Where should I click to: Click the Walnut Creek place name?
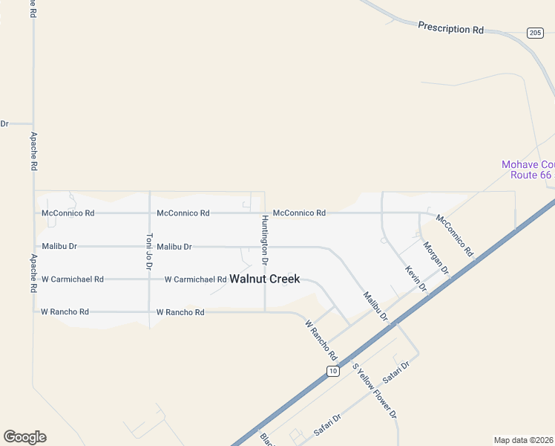[265, 279]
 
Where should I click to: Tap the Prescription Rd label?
[450, 28]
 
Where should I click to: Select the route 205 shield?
[535, 33]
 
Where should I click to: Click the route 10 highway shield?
[333, 370]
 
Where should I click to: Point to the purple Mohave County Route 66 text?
[528, 169]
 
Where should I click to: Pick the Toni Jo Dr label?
[149, 251]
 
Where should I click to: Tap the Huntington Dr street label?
[264, 240]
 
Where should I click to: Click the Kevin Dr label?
[416, 277]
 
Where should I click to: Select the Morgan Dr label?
[436, 258]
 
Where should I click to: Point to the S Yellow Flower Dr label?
[375, 391]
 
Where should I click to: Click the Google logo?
[24, 437]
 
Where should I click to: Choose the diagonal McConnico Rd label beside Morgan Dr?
[454, 235]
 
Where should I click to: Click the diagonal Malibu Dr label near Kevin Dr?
[375, 306]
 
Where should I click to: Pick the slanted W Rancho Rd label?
[321, 340]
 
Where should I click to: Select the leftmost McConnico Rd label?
[68, 213]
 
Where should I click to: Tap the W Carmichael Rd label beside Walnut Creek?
[195, 279]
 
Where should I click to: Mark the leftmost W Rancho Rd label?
[65, 312]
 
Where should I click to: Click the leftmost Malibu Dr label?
[59, 246]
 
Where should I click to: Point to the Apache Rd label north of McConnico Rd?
[33, 152]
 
